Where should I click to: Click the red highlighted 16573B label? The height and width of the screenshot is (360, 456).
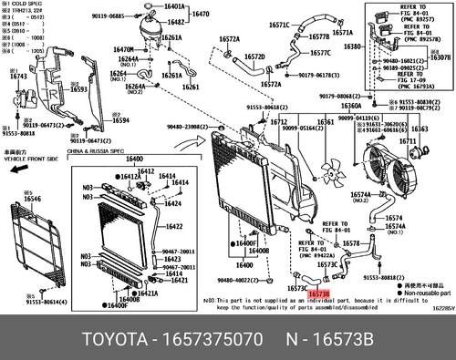(320, 294)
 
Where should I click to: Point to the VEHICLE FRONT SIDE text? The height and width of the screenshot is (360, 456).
(26, 159)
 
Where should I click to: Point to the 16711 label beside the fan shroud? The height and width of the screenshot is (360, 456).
(408, 141)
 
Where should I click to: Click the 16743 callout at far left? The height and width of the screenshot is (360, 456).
(18, 77)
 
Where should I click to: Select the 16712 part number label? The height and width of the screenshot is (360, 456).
(279, 121)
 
